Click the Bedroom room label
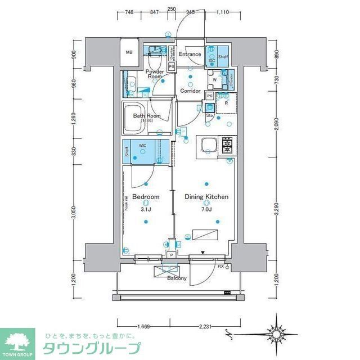(146, 197)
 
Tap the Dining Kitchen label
(207, 197)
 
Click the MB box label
(129, 53)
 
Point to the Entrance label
(190, 55)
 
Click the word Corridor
(190, 91)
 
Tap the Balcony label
(177, 278)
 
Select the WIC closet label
(143, 145)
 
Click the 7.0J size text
(206, 209)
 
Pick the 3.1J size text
(146, 209)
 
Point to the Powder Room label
(154, 74)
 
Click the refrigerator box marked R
(226, 102)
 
